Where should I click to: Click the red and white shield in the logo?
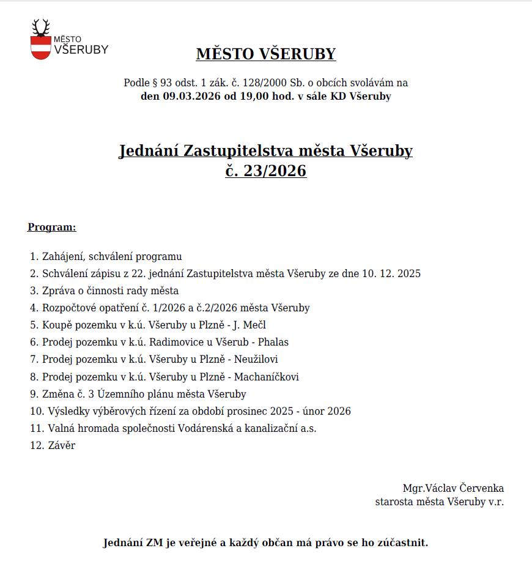41,47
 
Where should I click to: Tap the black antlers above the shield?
41,28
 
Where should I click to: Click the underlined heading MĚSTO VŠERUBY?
266,54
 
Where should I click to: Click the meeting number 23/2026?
275,171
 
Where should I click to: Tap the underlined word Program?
52,228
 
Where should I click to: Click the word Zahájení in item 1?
62,257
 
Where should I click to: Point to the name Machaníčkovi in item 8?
267,377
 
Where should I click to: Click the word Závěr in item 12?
61,445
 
